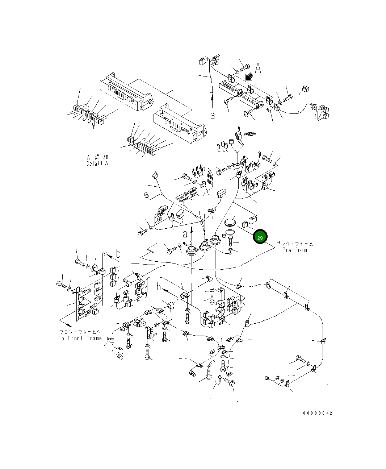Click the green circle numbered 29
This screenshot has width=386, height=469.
(x=260, y=237)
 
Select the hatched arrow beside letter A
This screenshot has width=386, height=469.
(x=249, y=77)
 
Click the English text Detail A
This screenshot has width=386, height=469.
(x=97, y=163)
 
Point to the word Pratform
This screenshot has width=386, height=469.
(x=294, y=250)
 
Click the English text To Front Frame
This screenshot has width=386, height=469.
(x=80, y=338)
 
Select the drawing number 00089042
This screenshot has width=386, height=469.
(x=318, y=413)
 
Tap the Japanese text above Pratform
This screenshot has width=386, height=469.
(x=294, y=244)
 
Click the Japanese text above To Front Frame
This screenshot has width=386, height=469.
(x=80, y=332)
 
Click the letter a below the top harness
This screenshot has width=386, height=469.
(x=213, y=115)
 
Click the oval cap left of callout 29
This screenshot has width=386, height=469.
(x=230, y=222)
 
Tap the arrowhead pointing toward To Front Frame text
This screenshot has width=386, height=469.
(x=62, y=321)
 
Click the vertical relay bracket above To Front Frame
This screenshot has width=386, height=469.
(x=77, y=304)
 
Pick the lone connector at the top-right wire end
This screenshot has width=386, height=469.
(x=305, y=89)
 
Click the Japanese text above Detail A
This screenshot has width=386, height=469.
(x=97, y=157)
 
